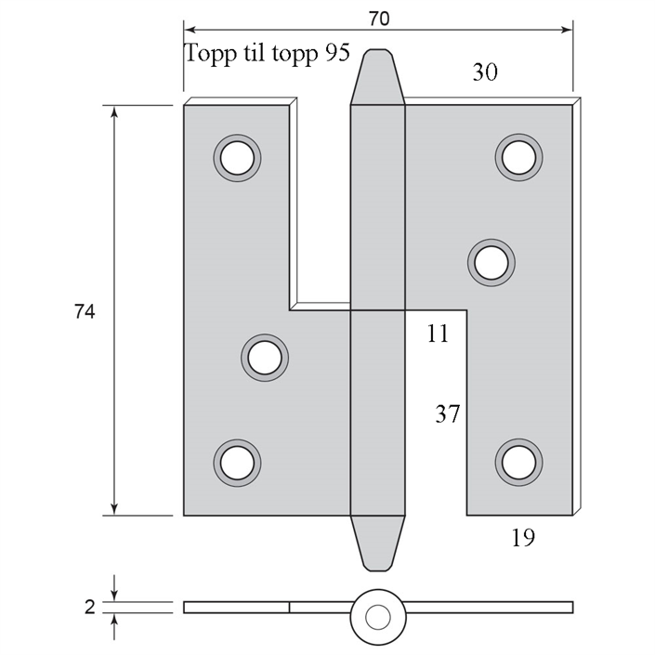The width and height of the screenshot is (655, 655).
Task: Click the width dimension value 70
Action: coord(379,19)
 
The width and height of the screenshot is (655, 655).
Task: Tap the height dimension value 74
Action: coord(85,311)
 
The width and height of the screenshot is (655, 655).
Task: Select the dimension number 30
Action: coord(485,72)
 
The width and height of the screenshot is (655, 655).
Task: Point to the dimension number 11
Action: coord(438,334)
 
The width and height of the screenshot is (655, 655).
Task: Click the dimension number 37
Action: coord(448,414)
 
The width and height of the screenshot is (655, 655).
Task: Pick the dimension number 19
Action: coord(523,538)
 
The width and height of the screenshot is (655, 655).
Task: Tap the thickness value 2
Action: coord(90,608)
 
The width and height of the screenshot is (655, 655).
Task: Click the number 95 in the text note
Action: coord(336,53)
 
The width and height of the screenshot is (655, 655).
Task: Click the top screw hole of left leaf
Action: coord(237,158)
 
